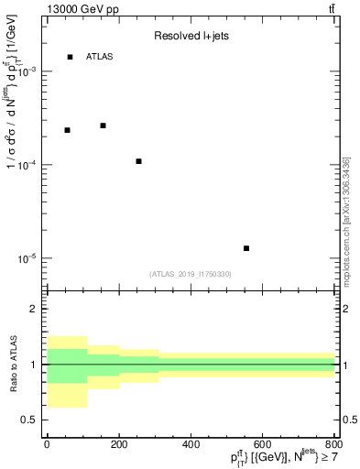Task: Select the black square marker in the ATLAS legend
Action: click(70, 57)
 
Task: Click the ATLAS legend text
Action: click(100, 57)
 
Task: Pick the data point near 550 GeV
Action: click(246, 248)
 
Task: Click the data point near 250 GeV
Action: click(138, 161)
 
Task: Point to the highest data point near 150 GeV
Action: click(103, 125)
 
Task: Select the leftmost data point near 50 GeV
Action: click(67, 130)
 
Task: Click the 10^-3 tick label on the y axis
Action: click(29, 71)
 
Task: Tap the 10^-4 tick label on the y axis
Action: click(29, 165)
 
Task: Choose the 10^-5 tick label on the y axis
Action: click(29, 258)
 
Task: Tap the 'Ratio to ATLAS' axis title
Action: click(13, 365)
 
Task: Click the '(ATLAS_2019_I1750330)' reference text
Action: click(191, 274)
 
